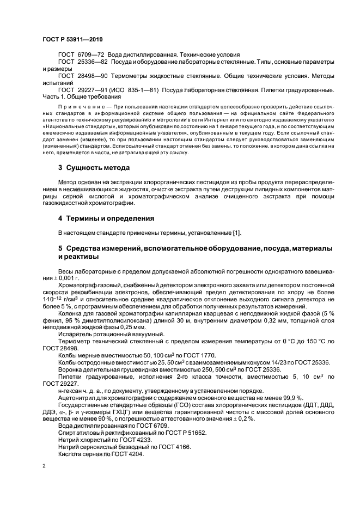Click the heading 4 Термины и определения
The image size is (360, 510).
click(107, 218)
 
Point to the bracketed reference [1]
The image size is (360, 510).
click(237, 233)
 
